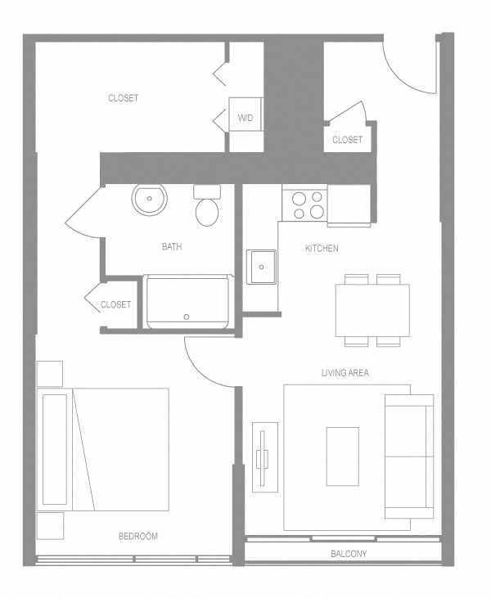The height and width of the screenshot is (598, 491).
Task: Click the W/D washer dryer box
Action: tap(245, 118)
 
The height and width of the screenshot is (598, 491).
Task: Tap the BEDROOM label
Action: tap(137, 537)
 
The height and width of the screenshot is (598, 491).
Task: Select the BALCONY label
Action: tap(349, 555)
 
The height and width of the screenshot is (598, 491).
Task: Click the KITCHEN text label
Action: tap(322, 249)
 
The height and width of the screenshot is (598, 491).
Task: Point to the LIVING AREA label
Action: tap(345, 373)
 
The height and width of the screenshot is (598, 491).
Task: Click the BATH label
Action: tap(172, 246)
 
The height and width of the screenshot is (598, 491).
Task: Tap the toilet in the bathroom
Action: tap(207, 206)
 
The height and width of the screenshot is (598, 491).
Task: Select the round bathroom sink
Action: tap(149, 199)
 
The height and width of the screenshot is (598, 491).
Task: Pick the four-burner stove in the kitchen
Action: tap(304, 205)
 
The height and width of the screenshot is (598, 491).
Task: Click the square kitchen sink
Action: tap(262, 267)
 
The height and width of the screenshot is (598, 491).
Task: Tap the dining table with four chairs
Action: tap(372, 310)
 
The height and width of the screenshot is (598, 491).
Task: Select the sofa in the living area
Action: tap(409, 456)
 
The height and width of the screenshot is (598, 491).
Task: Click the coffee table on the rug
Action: tap(342, 456)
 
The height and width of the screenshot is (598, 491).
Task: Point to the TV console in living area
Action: tap(264, 457)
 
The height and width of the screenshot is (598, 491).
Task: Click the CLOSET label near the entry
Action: tap(347, 140)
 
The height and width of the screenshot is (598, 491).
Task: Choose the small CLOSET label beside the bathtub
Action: tap(115, 305)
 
